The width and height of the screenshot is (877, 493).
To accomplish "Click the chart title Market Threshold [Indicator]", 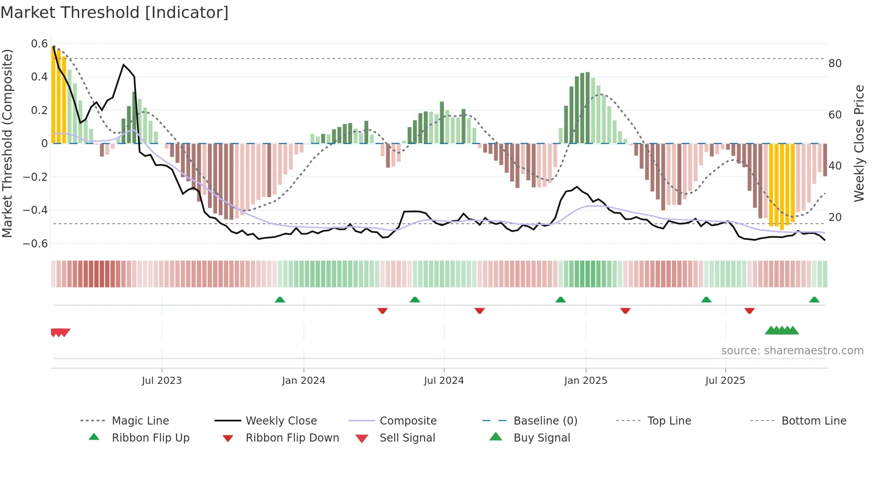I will coord(115,13).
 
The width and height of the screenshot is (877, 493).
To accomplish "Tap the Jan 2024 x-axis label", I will coord(303,381).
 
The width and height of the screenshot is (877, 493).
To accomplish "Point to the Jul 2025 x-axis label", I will coord(725,381).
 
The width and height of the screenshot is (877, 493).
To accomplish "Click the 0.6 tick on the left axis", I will coord(39,44).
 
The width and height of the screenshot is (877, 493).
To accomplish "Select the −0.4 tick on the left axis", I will coord(35,210).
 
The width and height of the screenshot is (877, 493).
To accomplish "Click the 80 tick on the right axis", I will coord(835,64).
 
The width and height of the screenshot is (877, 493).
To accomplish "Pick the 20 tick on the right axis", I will coord(835,217).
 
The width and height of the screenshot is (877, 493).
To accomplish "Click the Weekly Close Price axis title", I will coord(859,143).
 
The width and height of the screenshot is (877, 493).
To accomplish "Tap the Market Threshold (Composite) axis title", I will coord(7,143).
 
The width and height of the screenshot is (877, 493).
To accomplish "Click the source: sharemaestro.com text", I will coord(792,351).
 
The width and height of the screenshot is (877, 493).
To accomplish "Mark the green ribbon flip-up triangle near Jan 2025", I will coord(560,300).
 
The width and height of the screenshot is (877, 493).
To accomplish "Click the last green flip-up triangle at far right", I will coord(814,300).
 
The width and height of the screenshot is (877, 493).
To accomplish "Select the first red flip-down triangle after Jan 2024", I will coord(382,310).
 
